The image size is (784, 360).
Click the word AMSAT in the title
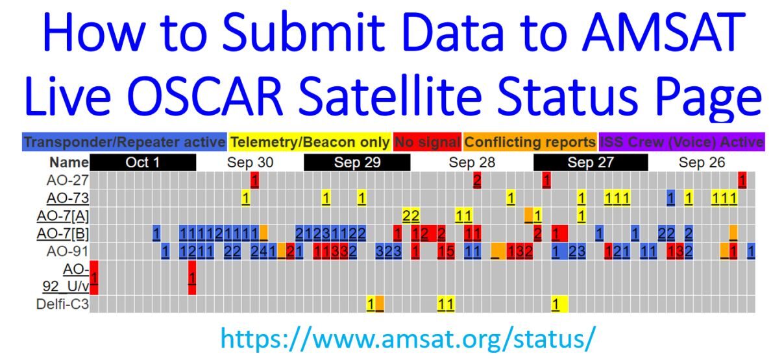coord(663,32)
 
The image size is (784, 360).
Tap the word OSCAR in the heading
coord(204,96)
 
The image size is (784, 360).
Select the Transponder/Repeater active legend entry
coord(124,142)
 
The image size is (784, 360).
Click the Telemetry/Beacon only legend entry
coord(310,142)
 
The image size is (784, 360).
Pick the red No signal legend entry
coord(427,142)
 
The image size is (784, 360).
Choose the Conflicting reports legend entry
coord(530,142)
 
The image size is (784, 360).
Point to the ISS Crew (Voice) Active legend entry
coord(682,142)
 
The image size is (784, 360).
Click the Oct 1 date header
coord(143,162)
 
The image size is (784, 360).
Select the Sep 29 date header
coord(357,162)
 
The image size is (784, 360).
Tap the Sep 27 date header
coord(591,162)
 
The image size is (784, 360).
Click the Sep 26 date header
coord(702,162)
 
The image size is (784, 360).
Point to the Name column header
coord(69,162)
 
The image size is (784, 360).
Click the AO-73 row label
coord(67,198)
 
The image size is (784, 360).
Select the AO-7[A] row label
coord(63,216)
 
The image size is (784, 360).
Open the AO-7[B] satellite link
coord(63,234)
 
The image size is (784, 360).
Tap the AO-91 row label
coord(67,251)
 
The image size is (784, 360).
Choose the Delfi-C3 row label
coord(63,304)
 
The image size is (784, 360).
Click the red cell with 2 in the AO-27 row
coord(477,180)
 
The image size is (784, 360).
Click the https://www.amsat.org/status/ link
coord(408,339)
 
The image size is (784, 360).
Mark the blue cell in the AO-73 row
coord(670,198)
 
